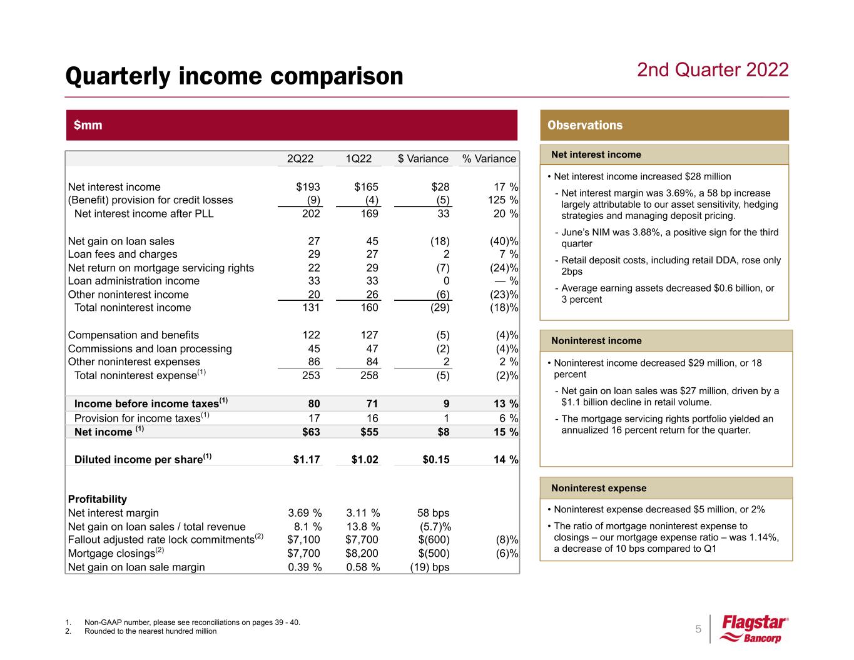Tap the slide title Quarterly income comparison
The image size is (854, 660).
point(235,76)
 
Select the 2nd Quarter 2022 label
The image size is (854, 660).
point(713,69)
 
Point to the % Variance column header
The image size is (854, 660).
point(489,159)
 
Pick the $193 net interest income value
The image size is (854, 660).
point(308,187)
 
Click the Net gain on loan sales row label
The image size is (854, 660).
point(121,241)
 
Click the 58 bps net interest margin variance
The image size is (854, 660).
point(433,513)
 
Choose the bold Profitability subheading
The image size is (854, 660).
point(97,499)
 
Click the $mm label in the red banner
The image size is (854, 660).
point(88,125)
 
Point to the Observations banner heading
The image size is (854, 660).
point(585,125)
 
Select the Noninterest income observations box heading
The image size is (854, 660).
point(596,341)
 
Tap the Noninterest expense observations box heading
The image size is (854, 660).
point(599,488)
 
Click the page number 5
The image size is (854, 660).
point(698,629)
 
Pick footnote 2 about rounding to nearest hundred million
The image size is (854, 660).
point(150,631)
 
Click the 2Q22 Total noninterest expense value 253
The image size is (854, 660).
point(310,375)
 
